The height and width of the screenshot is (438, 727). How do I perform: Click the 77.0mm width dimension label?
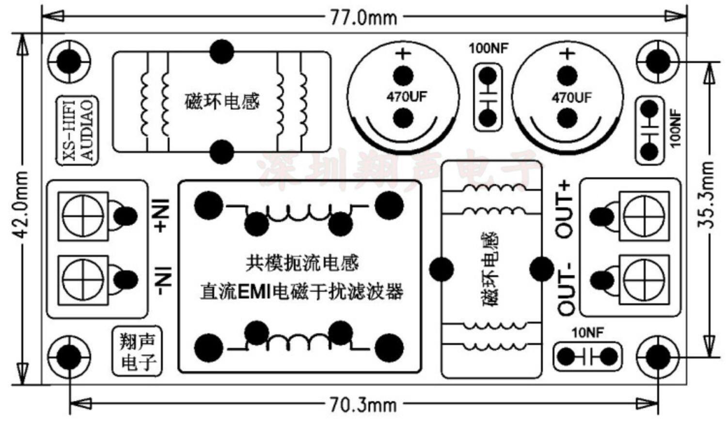click(x=363, y=18)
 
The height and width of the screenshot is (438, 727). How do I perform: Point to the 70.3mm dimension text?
click(x=363, y=404)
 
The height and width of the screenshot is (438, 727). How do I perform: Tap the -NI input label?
click(x=163, y=281)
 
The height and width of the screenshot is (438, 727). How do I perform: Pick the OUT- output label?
click(x=565, y=289)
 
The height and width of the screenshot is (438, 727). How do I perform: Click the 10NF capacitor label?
click(x=587, y=333)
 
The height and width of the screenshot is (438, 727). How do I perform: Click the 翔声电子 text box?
click(x=138, y=351)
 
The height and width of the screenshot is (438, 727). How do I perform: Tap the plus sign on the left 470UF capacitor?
click(x=403, y=53)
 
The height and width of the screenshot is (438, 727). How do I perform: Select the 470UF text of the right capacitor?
click(x=571, y=97)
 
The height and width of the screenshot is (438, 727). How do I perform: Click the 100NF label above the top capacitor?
click(x=488, y=48)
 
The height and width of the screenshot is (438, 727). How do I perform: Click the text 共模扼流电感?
click(x=302, y=263)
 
